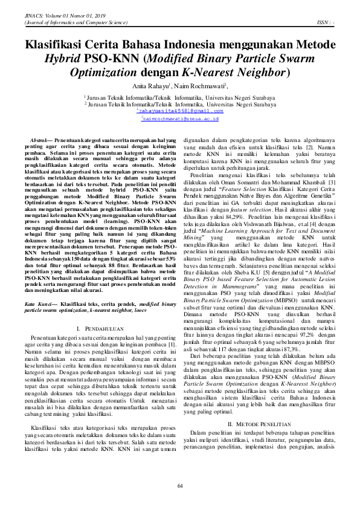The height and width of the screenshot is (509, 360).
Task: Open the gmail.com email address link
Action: coord(180,111)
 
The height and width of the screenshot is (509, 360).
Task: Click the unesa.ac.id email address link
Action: coord(180,119)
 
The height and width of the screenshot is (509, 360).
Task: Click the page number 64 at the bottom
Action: coord(180,487)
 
